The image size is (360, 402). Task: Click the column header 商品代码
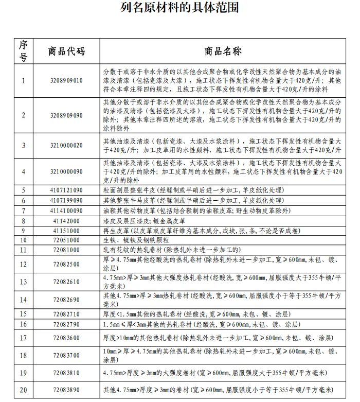tap(66, 51)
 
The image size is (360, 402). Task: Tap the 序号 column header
tap(23, 50)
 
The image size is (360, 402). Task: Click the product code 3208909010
tap(66, 81)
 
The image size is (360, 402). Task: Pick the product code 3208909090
tap(66, 115)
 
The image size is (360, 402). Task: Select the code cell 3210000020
tap(66, 146)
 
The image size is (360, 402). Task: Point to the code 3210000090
tap(66, 171)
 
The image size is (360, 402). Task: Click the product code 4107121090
tap(66, 190)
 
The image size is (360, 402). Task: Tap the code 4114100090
tap(66, 211)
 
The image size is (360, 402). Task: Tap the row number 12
tap(23, 264)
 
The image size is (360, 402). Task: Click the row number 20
tap(23, 390)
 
